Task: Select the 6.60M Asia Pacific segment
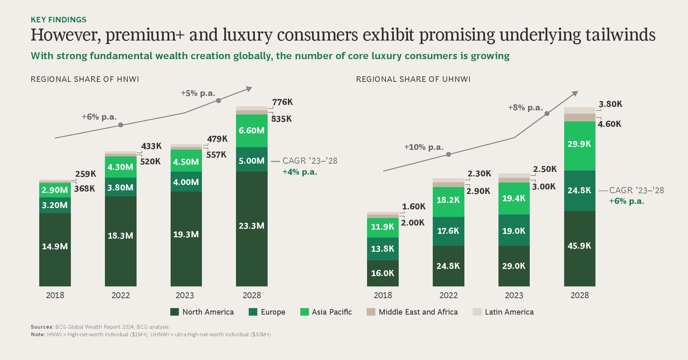coord(252,131)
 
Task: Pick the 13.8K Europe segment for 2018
coord(383,249)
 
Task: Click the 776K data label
coord(282,102)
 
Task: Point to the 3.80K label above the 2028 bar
coord(611,104)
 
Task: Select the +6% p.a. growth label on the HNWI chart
coord(99,117)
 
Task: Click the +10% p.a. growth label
coord(424,147)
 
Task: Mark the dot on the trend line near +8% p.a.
coord(547,113)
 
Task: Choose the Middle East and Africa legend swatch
coord(371,312)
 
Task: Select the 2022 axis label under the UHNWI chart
coord(448,295)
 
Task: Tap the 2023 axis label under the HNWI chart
coord(185,295)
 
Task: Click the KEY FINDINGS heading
coord(58,20)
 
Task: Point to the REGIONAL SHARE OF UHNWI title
coord(413,79)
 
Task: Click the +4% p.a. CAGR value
coord(300,172)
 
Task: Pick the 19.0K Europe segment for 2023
coord(514,231)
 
